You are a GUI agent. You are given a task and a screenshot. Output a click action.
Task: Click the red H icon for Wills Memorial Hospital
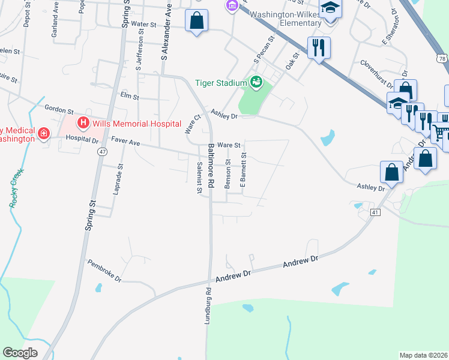[83, 124]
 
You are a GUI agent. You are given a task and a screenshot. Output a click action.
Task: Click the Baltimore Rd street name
[211, 166]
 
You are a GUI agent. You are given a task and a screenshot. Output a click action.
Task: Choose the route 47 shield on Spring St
[102, 152]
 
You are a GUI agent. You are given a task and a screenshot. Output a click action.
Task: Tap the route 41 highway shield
[375, 212]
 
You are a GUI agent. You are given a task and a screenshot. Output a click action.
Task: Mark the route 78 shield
[442, 59]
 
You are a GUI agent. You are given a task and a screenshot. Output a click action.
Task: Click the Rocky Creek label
[16, 188]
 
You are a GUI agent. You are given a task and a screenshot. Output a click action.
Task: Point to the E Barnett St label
[244, 170]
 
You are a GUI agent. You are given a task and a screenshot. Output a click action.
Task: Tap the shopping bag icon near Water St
[197, 22]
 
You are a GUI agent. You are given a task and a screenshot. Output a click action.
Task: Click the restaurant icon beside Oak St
[319, 47]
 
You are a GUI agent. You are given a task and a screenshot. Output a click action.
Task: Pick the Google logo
[20, 353]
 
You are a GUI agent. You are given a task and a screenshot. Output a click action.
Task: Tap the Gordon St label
[59, 110]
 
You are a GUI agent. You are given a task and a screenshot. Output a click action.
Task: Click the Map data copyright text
[423, 355]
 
